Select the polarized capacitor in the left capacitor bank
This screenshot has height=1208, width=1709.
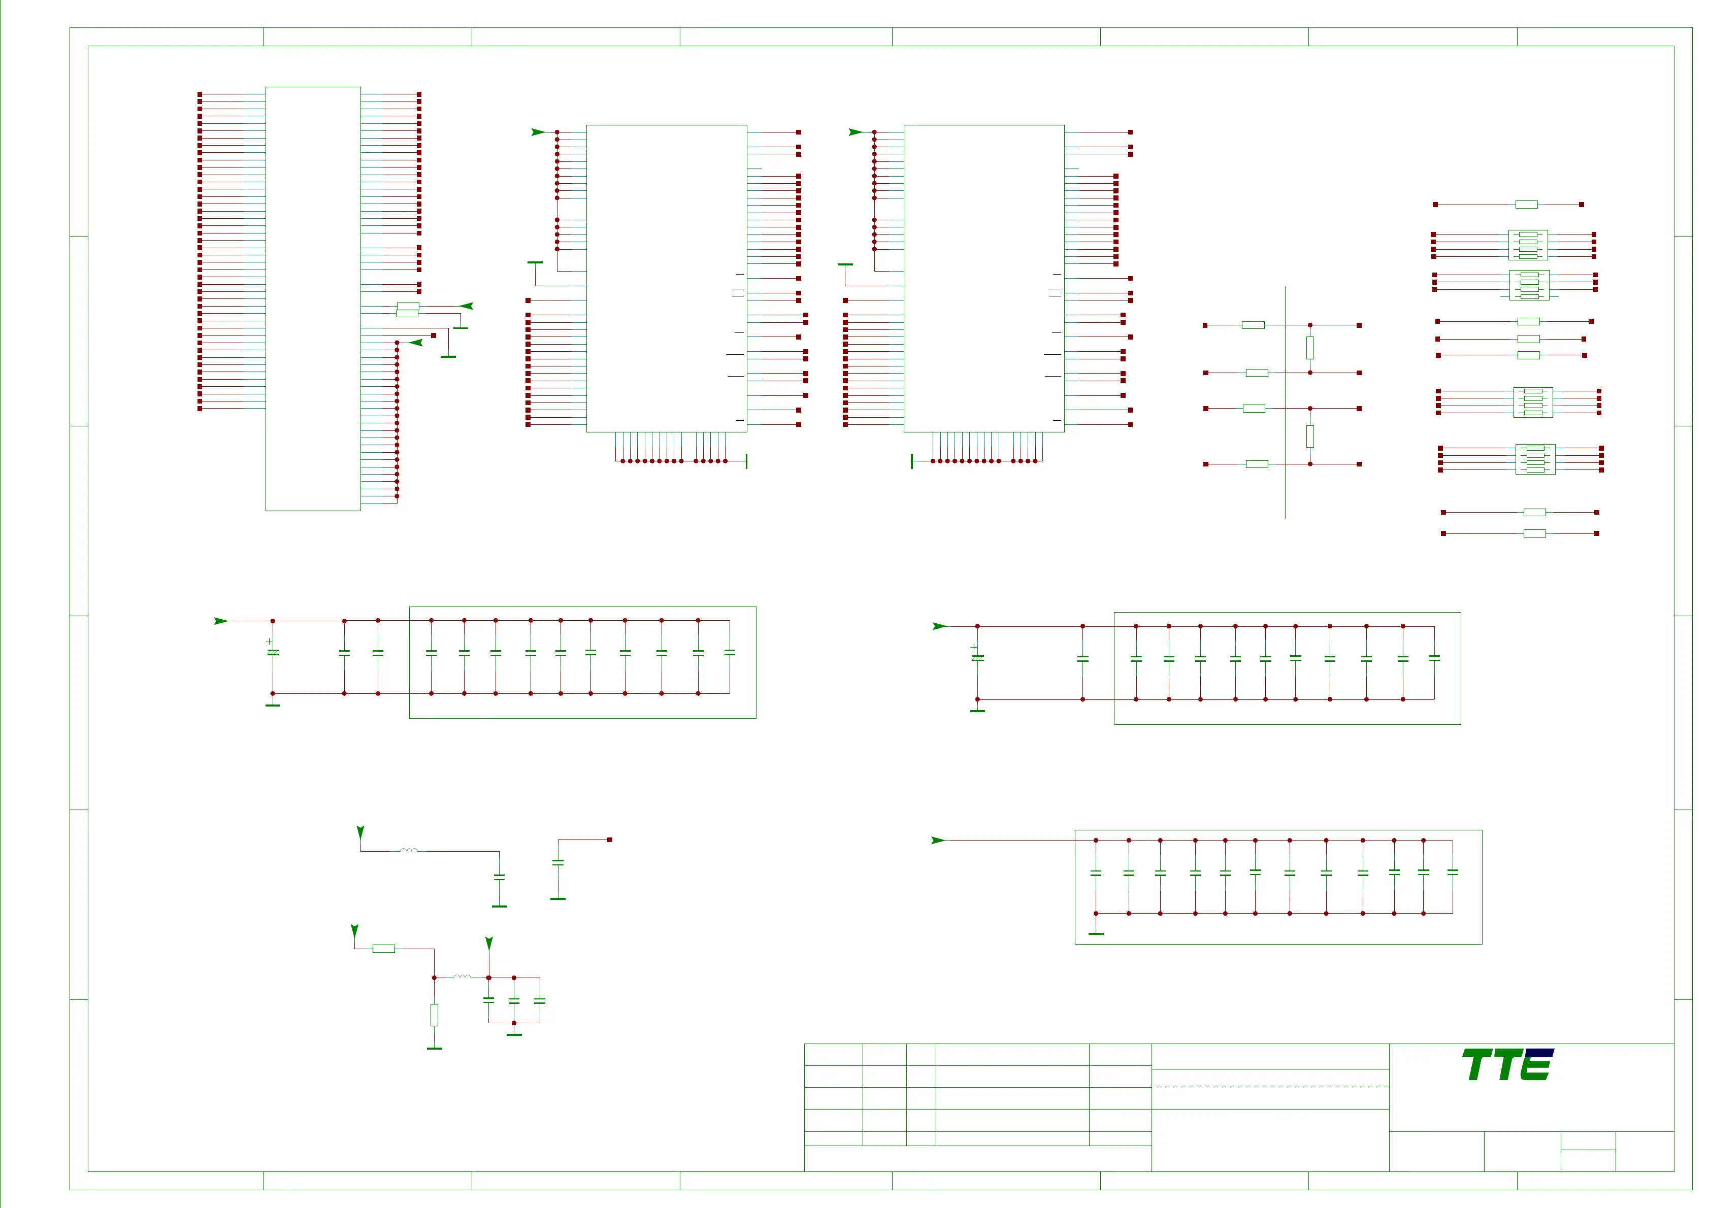[273, 652]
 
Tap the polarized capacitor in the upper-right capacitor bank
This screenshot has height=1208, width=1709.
[977, 657]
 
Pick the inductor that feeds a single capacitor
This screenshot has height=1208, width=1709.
[409, 850]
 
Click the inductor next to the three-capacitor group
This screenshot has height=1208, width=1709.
[462, 977]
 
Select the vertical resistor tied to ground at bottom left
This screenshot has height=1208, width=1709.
[434, 1015]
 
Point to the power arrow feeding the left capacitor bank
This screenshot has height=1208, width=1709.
[221, 621]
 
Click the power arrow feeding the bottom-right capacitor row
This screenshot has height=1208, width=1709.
[938, 841]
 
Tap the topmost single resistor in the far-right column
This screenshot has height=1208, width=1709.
[1527, 205]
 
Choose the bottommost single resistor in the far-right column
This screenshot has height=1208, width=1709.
[1535, 533]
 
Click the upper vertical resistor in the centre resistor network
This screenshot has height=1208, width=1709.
[1310, 348]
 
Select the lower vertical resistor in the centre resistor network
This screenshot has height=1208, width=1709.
[1310, 436]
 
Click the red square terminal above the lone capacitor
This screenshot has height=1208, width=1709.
[610, 840]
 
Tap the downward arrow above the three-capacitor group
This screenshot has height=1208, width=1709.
[489, 944]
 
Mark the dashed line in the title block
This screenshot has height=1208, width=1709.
[1271, 1087]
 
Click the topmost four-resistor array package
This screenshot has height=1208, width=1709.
[1527, 245]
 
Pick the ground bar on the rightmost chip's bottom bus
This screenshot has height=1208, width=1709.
[912, 461]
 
